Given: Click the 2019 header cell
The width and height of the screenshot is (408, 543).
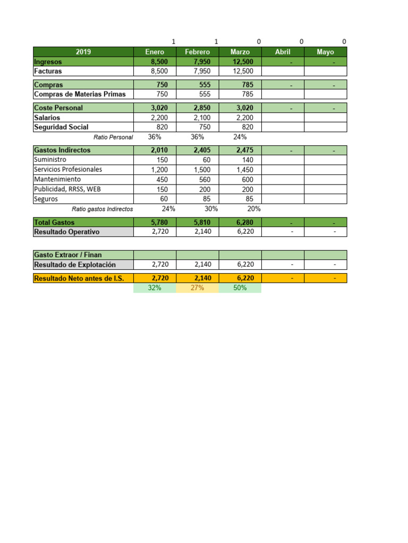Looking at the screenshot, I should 83,52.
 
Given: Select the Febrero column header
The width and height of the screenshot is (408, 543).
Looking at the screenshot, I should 197,52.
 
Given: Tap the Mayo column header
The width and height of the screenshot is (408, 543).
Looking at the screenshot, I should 325,52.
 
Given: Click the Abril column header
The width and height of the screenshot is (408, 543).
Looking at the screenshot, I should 283,52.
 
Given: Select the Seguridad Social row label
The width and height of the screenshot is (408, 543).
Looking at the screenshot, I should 61,127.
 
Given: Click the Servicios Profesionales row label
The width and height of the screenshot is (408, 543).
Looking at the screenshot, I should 68,170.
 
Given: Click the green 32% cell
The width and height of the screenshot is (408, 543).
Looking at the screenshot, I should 155,288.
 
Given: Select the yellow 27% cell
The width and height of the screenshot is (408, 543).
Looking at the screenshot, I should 197,288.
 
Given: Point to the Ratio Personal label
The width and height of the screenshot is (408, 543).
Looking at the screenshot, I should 113,137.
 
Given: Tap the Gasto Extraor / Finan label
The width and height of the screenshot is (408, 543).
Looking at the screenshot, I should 67,255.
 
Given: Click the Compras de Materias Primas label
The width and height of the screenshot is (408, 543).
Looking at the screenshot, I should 80,94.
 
